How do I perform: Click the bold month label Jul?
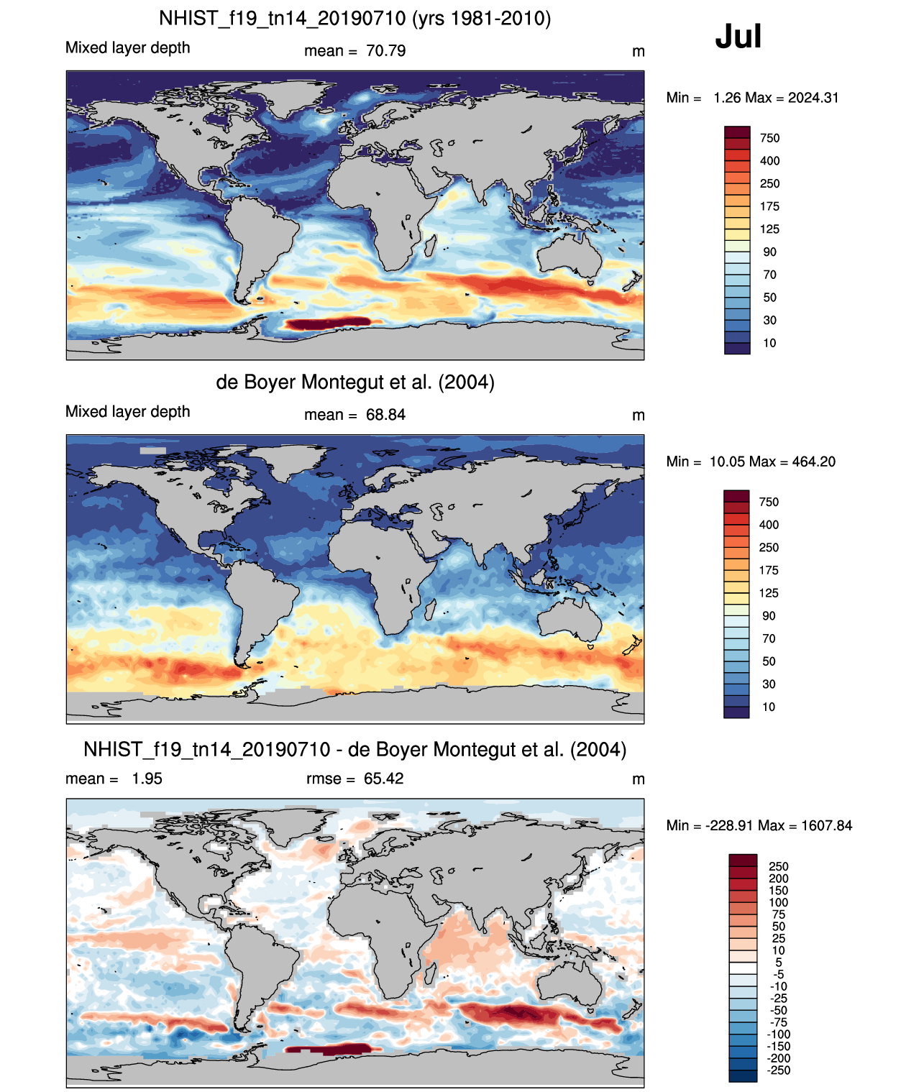(738, 37)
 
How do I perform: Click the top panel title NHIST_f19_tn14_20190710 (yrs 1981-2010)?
(355, 19)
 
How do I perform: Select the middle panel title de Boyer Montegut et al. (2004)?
(355, 382)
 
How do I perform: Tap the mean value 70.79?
(385, 51)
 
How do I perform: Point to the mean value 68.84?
(385, 415)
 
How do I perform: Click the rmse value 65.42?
(383, 779)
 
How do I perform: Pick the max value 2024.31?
(813, 98)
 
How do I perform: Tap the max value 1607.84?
(827, 826)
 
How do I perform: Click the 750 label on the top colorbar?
(769, 139)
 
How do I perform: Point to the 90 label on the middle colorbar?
(769, 616)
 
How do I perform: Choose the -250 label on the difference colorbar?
(779, 1070)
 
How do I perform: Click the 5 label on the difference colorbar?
(779, 963)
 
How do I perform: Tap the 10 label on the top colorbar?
(769, 344)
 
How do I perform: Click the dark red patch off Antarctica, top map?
(328, 324)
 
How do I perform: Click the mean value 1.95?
(147, 779)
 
